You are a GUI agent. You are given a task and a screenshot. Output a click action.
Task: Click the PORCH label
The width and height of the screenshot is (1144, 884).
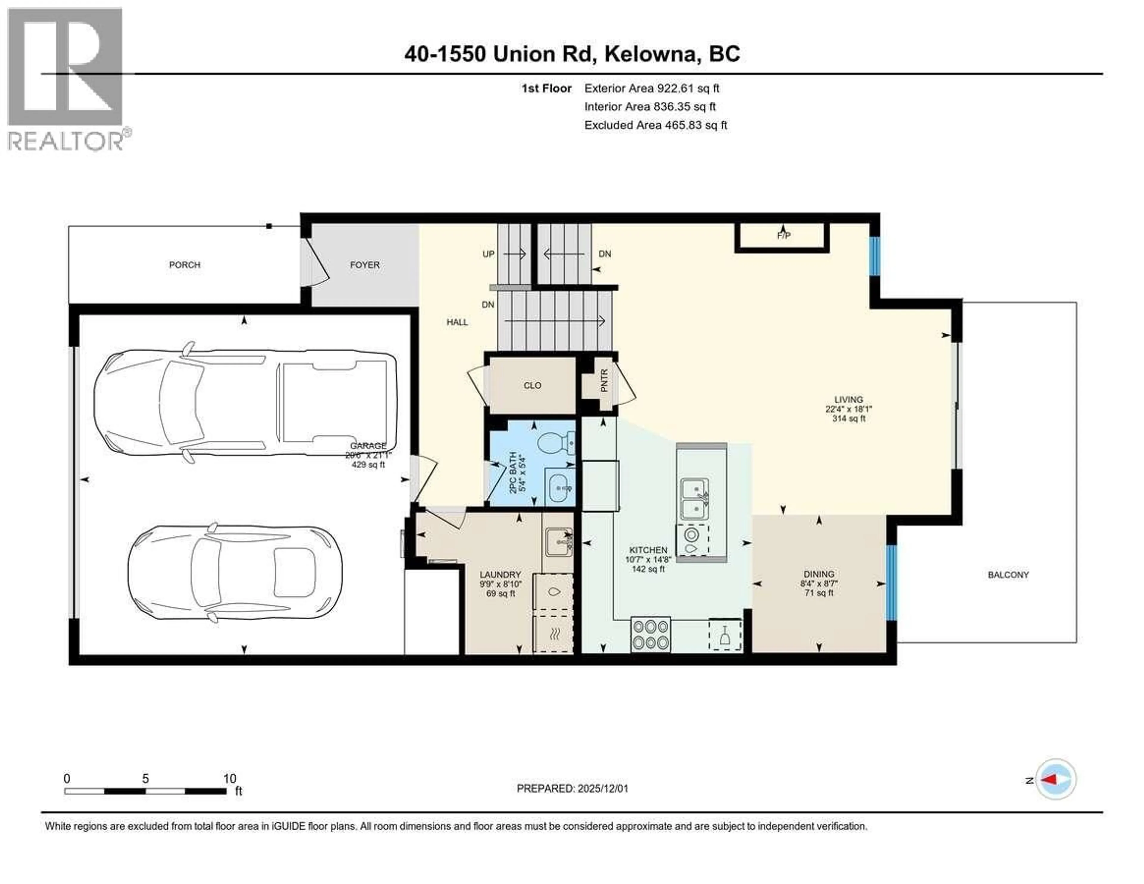184,265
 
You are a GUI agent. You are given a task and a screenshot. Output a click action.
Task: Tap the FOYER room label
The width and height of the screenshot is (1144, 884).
365,265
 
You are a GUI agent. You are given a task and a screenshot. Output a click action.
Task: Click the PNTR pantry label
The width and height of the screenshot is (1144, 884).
604,381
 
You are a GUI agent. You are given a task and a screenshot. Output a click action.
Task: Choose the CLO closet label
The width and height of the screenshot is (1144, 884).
532,386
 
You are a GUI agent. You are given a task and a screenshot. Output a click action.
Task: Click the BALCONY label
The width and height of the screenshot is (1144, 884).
1008,575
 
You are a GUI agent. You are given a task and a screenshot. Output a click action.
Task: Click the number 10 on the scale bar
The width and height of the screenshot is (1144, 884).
229,779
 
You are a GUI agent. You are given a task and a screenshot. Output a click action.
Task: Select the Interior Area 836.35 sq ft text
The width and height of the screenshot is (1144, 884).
649,107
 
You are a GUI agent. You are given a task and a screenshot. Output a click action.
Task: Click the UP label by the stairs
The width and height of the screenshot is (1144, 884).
488,254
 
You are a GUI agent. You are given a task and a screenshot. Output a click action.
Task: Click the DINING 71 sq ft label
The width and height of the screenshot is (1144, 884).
819,583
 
